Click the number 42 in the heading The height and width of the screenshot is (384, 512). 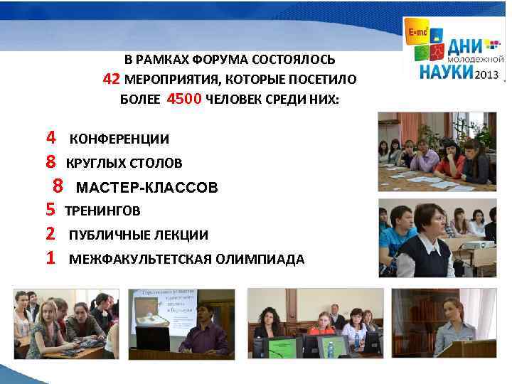(112, 78)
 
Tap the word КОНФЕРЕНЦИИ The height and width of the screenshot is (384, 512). (119, 139)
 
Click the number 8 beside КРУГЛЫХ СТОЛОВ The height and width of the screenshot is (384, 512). (50, 162)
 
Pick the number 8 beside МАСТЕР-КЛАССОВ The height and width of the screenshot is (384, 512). (58, 186)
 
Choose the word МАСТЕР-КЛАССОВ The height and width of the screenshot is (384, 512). (146, 188)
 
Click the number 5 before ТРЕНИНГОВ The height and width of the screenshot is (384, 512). (50, 209)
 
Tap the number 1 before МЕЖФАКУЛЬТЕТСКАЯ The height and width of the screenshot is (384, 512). (50, 257)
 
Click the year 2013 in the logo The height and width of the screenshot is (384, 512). (486, 74)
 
